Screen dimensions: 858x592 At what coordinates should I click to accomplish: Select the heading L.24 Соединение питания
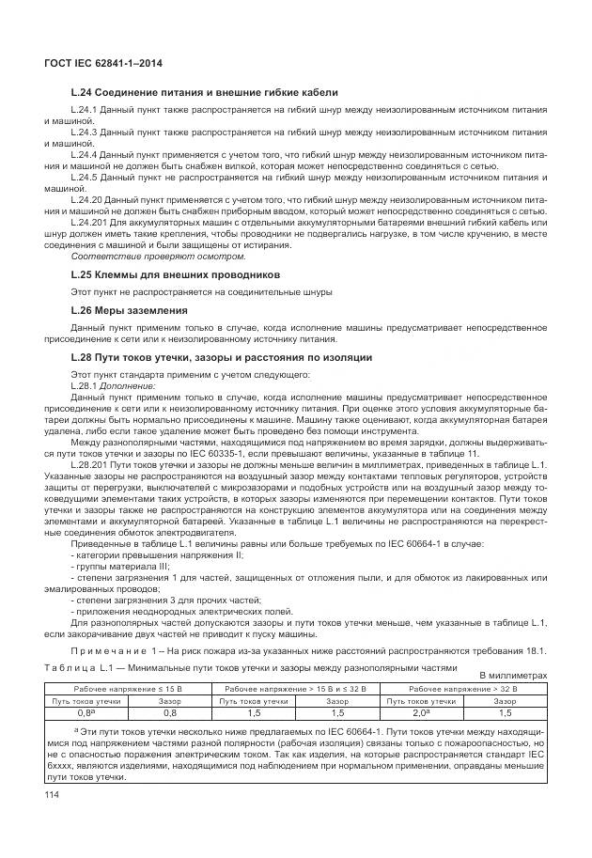(x=204, y=93)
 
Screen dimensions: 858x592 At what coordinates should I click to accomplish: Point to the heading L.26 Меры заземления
(x=129, y=309)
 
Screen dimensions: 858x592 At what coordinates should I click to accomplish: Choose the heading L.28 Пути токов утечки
(x=209, y=357)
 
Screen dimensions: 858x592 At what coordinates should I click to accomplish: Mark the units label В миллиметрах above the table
(x=513, y=675)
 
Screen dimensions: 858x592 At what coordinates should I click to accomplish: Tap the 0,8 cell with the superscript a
(x=86, y=711)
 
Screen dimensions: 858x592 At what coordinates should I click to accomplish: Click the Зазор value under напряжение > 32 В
(x=505, y=711)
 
